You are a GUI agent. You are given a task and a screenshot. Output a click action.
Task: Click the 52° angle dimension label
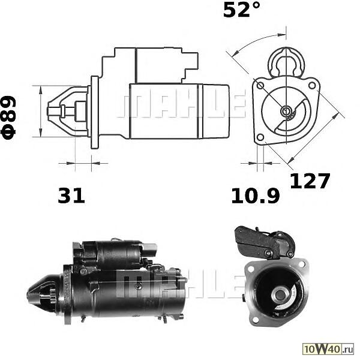(242, 10)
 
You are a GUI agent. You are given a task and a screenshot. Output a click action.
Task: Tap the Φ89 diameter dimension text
(8, 118)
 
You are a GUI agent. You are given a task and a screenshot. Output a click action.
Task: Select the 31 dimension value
(71, 195)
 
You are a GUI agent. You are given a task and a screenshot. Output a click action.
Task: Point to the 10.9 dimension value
(255, 195)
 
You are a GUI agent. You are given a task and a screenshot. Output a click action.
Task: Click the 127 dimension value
(310, 181)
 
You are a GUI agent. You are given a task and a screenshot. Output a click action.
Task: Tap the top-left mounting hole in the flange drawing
(260, 86)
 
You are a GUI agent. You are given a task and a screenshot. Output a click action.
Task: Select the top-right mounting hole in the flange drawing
(312, 86)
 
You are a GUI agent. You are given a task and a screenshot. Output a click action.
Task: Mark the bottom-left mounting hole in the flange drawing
(260, 137)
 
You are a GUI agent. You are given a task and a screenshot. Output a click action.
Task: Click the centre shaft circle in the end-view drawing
(286, 111)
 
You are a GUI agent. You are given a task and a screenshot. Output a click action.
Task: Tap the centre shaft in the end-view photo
(280, 295)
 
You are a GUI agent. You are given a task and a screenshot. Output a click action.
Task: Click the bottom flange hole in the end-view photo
(254, 320)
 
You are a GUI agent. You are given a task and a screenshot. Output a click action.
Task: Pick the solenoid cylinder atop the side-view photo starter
(115, 254)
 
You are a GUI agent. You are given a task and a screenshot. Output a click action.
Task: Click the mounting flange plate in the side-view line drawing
(94, 112)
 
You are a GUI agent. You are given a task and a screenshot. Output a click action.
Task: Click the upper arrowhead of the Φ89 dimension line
(41, 90)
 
